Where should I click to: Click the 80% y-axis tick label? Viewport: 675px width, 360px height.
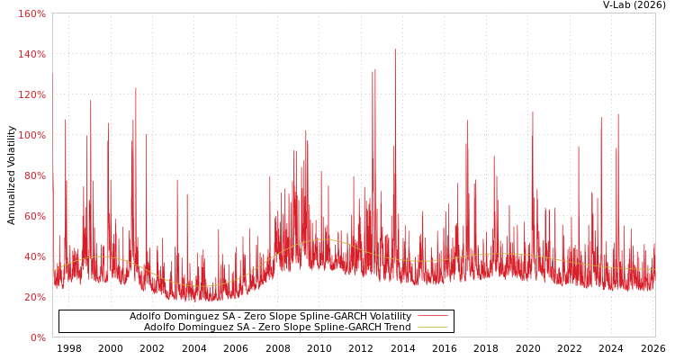[33, 175]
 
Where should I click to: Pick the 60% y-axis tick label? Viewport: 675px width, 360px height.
[33, 216]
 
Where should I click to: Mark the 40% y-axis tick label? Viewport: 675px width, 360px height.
[33, 256]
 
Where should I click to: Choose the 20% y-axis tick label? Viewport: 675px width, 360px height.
[33, 297]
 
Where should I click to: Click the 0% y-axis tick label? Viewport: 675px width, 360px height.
[37, 337]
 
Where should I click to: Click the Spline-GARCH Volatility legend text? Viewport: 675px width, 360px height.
[270, 317]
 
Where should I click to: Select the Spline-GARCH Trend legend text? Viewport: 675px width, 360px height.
[277, 328]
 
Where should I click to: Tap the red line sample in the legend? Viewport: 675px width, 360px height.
[433, 317]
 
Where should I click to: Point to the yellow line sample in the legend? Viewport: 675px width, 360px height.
[433, 328]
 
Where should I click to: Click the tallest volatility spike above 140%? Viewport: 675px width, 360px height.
[395, 50]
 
